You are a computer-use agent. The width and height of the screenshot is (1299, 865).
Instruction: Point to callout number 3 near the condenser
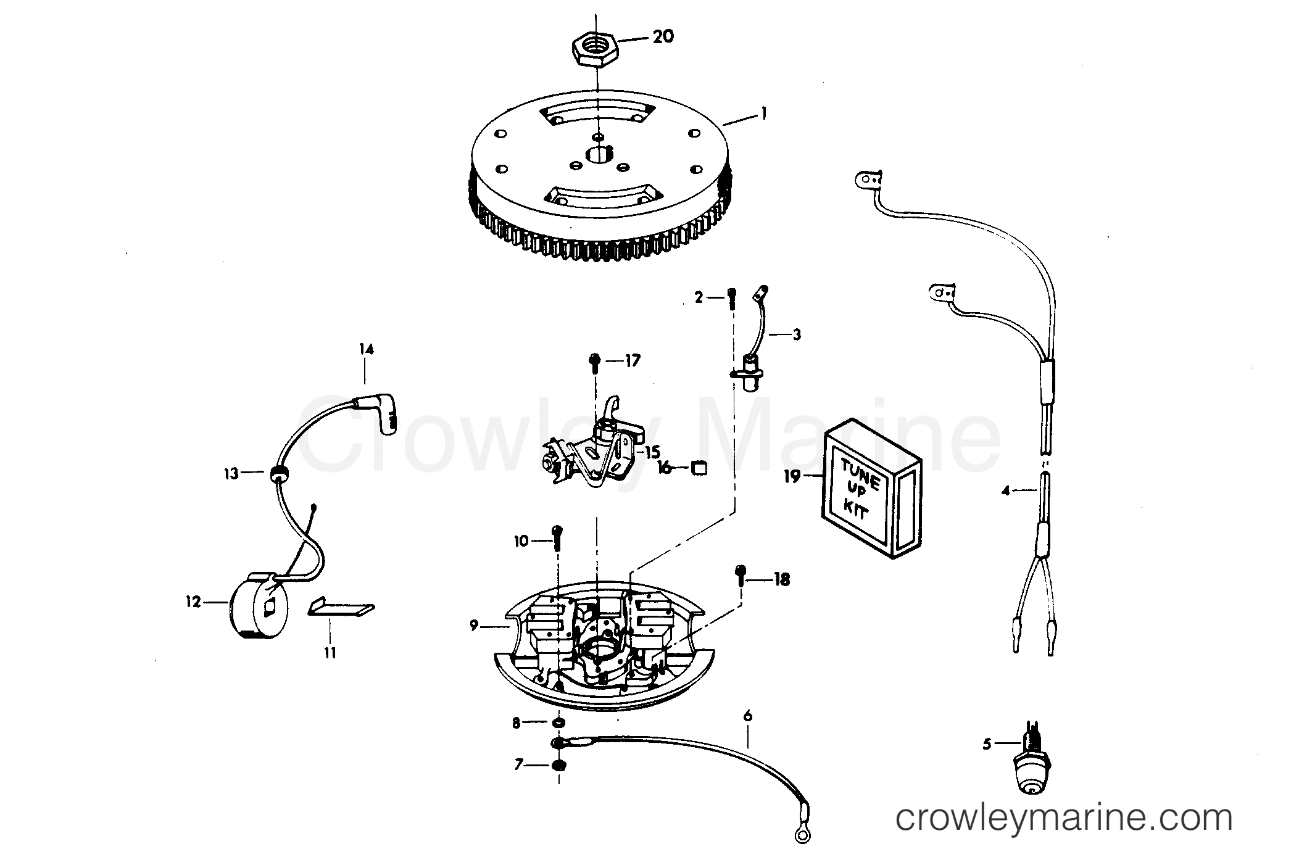[797, 335]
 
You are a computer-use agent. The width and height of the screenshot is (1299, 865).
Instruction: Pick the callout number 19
[791, 476]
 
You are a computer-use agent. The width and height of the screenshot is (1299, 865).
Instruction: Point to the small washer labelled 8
[558, 722]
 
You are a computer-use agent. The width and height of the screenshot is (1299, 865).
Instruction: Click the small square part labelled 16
[700, 468]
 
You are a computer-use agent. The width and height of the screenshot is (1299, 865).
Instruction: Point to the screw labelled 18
[741, 579]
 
